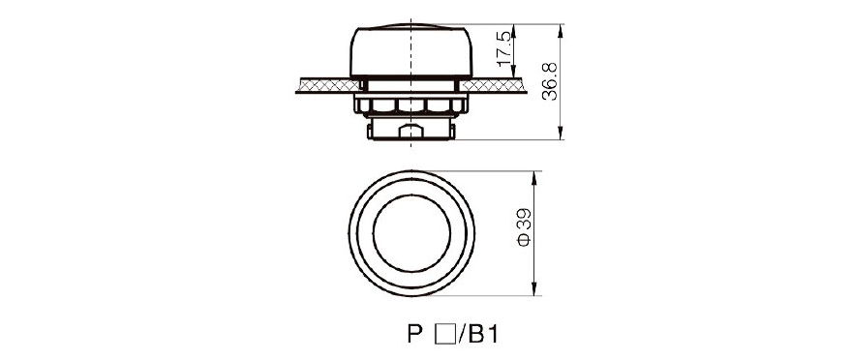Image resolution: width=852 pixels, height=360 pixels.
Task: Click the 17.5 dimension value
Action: point(504,48)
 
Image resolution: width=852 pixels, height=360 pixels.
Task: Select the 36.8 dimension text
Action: point(550,81)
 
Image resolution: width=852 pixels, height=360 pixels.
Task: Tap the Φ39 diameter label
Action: point(524,227)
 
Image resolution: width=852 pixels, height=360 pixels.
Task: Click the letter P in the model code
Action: point(414,335)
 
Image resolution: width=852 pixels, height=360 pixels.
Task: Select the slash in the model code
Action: point(460,335)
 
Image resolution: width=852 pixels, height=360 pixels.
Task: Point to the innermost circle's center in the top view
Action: point(411,233)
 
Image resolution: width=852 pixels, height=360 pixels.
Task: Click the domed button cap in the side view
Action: point(411,50)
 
